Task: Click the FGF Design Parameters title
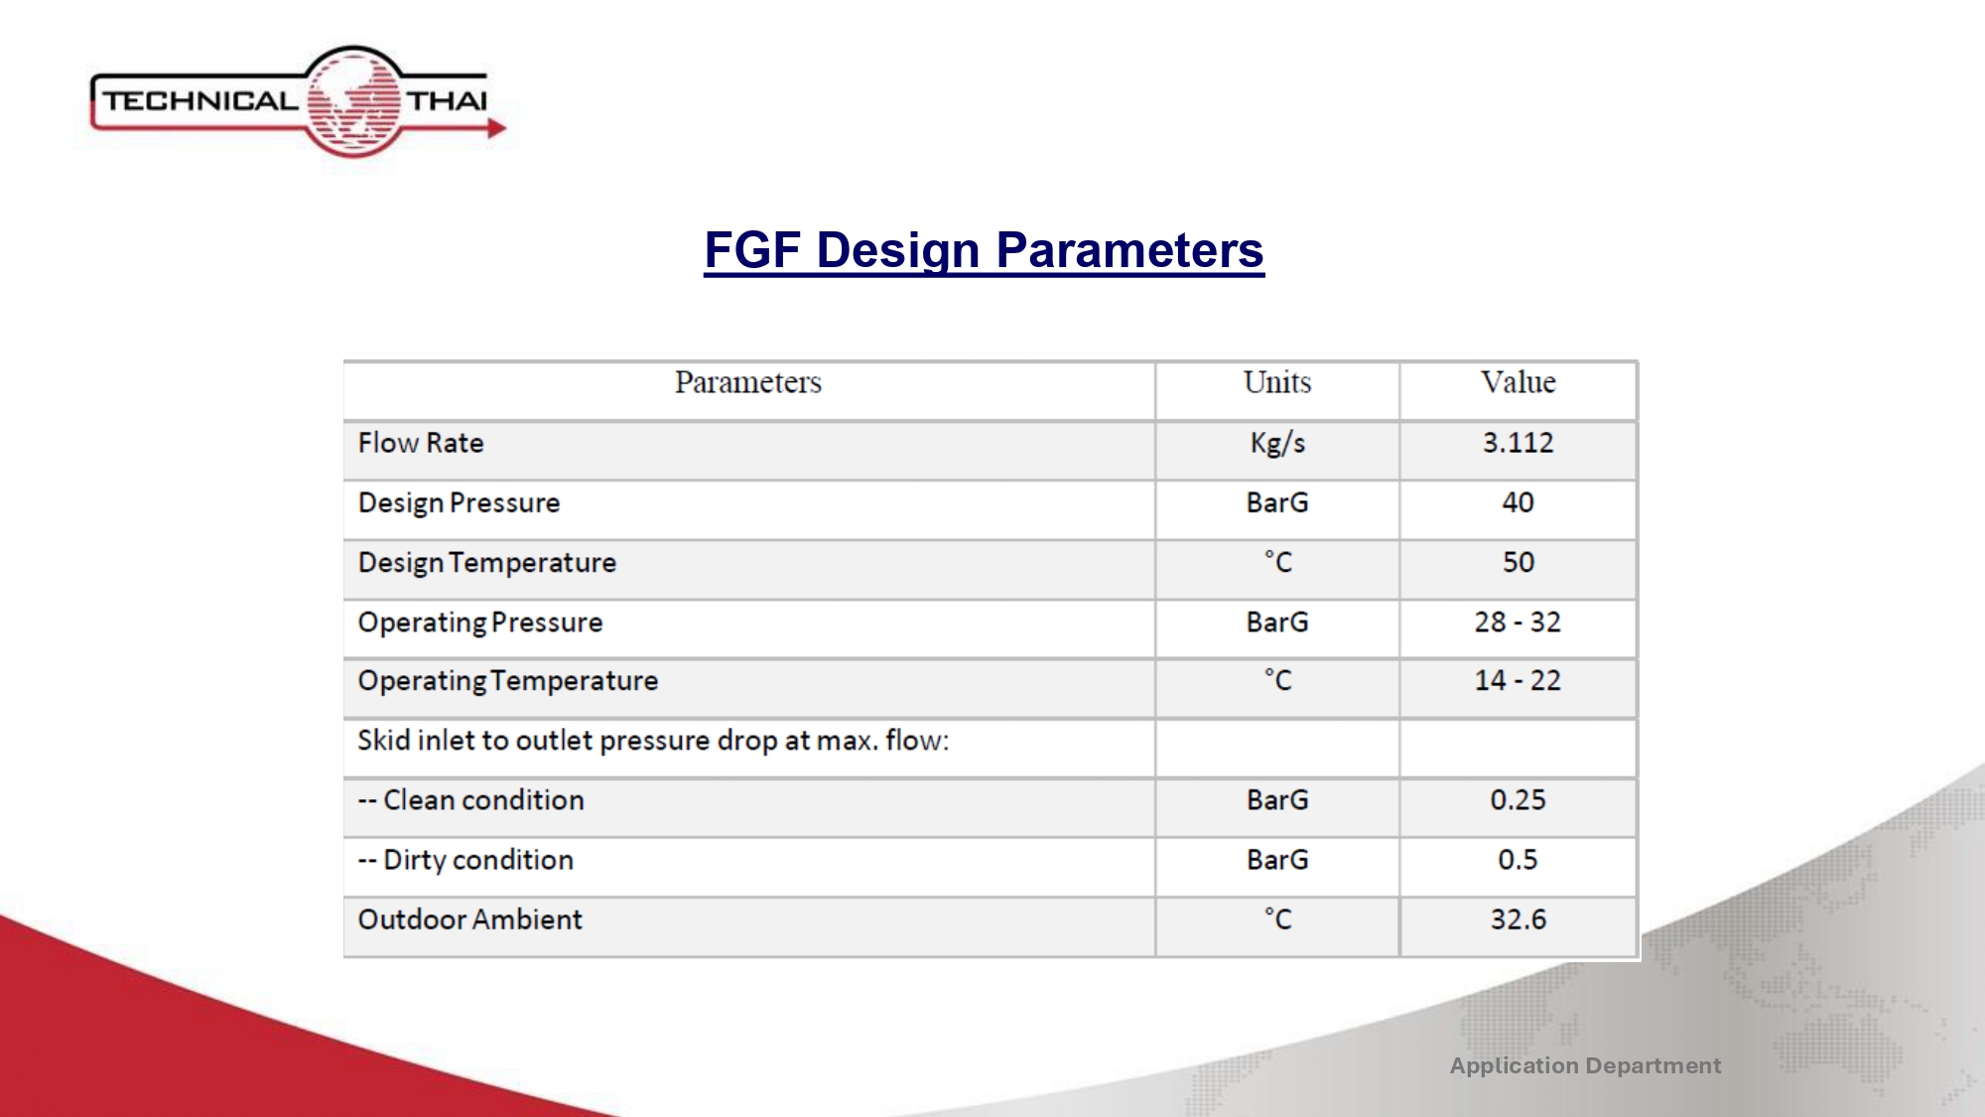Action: pos(984,250)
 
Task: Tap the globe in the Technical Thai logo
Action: pos(353,101)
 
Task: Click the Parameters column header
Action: pos(748,382)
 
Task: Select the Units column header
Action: pos(1277,382)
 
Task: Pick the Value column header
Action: pos(1518,382)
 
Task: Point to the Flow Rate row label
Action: pos(421,443)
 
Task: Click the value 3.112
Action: pos(1518,443)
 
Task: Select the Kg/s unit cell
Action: pos(1277,444)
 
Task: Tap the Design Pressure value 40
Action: pos(1518,502)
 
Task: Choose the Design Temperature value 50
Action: pos(1518,562)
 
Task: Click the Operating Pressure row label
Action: pos(480,623)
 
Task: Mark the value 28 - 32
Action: pos(1518,622)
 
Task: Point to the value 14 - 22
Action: pos(1518,680)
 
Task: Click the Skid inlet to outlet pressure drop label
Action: pos(653,741)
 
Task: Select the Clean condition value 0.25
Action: pos(1518,800)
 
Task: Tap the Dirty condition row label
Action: pos(465,860)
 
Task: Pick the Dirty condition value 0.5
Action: pos(1518,860)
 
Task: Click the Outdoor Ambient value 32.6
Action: pos(1518,919)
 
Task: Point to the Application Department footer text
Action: pos(1585,1066)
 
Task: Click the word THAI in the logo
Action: pos(448,101)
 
